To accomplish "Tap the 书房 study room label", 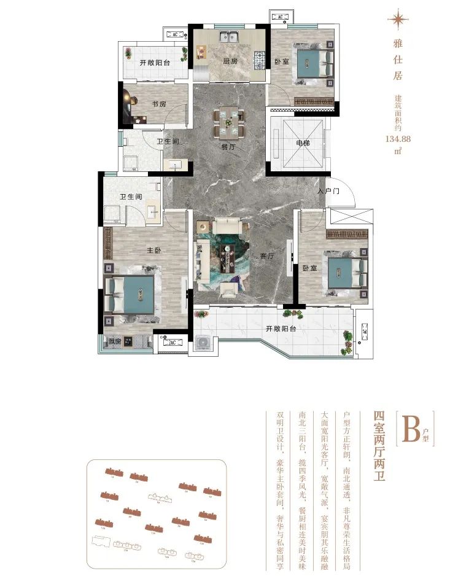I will click(x=159, y=104).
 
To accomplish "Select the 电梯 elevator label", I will click(x=301, y=143).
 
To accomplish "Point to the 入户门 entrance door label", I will click(x=328, y=192).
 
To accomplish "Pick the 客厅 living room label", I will click(x=266, y=256).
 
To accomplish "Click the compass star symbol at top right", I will click(x=398, y=20).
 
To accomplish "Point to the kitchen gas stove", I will click(x=260, y=59).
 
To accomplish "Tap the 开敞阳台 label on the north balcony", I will click(x=154, y=63).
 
